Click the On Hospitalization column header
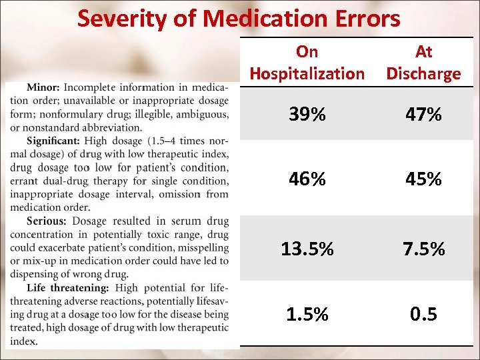[307, 63]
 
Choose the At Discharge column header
[423, 63]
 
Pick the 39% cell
[307, 115]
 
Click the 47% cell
[423, 115]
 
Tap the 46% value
[307, 179]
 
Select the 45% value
[423, 179]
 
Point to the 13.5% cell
[307, 249]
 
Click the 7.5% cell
[423, 249]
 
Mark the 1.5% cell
[307, 314]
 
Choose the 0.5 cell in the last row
[423, 314]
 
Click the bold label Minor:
[44, 87]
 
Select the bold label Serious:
[47, 221]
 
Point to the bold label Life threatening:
[68, 287]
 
